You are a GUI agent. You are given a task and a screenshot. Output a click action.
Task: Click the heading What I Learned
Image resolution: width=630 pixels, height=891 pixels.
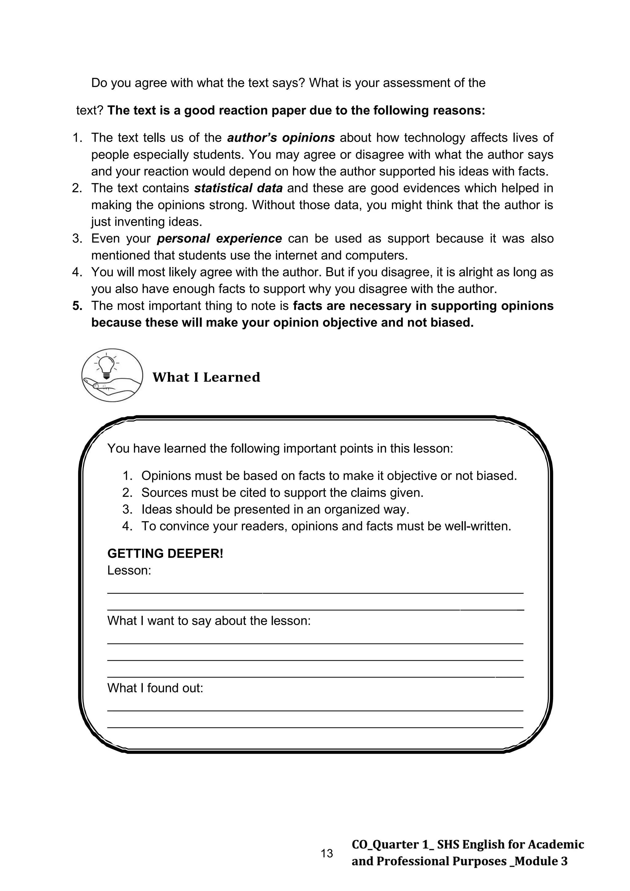(206, 377)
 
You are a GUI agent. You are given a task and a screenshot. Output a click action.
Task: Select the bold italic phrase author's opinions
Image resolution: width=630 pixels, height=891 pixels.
(281, 138)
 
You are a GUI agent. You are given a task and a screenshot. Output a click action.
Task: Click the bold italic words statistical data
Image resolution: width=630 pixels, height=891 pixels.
(238, 188)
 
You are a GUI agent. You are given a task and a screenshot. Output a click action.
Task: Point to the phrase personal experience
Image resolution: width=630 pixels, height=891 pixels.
(219, 238)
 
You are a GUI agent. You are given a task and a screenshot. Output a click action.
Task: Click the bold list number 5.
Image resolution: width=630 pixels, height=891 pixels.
(77, 306)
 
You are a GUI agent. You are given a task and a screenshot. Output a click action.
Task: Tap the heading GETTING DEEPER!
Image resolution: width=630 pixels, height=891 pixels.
(165, 553)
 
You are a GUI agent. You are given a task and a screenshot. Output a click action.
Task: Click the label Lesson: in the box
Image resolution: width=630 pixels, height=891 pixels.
(129, 571)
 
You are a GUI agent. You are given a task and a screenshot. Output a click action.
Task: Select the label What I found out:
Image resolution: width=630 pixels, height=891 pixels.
(155, 688)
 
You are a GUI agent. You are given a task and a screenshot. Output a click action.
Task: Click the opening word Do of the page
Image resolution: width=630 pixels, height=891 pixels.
(99, 83)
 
